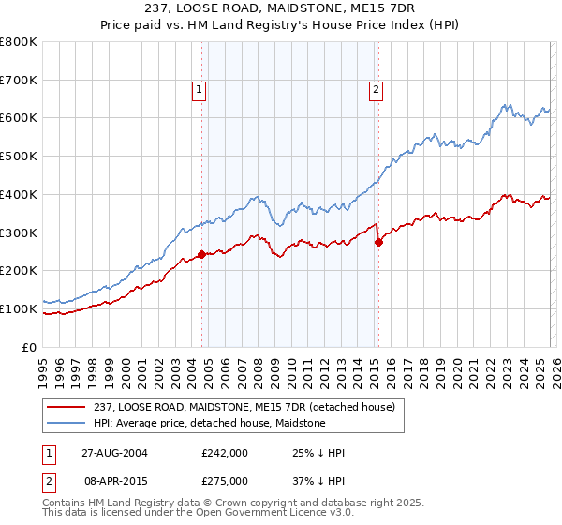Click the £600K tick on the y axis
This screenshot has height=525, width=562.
pyautogui.click(x=19, y=118)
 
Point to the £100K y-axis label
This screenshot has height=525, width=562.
pyautogui.click(x=19, y=308)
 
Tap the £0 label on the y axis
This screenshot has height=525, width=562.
pyautogui.click(x=30, y=347)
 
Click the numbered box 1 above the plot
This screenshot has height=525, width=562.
pyautogui.click(x=200, y=90)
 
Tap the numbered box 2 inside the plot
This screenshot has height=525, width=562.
pyautogui.click(x=376, y=90)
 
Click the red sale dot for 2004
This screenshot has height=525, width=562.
pyautogui.click(x=202, y=254)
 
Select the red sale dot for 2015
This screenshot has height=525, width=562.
pyautogui.click(x=378, y=242)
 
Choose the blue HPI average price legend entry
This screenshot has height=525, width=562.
pyautogui.click(x=207, y=423)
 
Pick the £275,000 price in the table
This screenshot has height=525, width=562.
pyautogui.click(x=225, y=480)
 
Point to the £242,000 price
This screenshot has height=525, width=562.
pyautogui.click(x=225, y=453)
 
